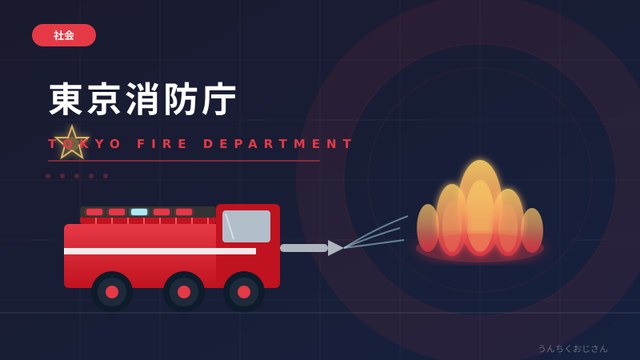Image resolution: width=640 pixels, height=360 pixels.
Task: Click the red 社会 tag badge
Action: tap(64, 35)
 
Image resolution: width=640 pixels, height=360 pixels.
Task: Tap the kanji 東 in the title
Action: tap(66, 99)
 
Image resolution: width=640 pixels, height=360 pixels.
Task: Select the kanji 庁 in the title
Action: tap(218, 99)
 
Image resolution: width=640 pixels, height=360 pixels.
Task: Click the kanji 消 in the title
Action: tap(142, 99)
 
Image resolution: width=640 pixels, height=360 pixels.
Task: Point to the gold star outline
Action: tap(72, 142)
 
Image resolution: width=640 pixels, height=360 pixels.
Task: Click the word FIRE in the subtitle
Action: tap(162, 144)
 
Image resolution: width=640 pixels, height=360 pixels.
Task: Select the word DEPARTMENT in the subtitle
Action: tap(278, 144)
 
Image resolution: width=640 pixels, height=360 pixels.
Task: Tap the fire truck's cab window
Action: tap(246, 226)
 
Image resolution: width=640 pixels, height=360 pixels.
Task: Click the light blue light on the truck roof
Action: tap(138, 212)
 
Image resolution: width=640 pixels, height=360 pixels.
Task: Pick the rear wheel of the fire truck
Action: tap(112, 292)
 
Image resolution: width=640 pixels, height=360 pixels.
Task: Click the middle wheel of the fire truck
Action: tap(184, 292)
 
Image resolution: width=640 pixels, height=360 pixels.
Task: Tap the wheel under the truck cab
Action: tap(244, 292)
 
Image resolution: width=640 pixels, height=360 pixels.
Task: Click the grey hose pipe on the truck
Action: tap(304, 248)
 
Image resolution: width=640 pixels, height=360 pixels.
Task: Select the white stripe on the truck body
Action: tap(160, 251)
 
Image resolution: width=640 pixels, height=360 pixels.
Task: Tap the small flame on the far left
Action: tap(428, 228)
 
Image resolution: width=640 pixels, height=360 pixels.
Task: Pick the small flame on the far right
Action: tap(532, 230)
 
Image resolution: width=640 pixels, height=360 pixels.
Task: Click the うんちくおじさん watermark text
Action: tap(573, 349)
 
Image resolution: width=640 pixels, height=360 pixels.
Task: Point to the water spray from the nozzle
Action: tap(375, 233)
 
